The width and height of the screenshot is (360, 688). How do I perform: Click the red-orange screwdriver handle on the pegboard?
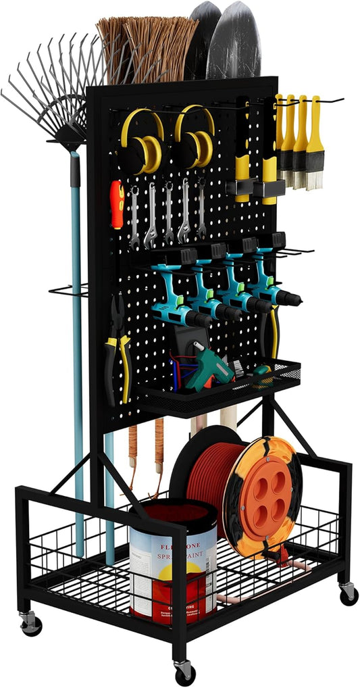pyautogui.click(x=117, y=196)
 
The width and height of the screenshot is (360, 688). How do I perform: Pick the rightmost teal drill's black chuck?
pyautogui.click(x=292, y=298)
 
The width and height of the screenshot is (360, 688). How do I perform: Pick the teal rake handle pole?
pyautogui.click(x=77, y=338)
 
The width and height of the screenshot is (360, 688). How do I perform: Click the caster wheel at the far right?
pyautogui.click(x=349, y=595)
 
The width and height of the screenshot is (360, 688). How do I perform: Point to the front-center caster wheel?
pyautogui.click(x=183, y=672)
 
